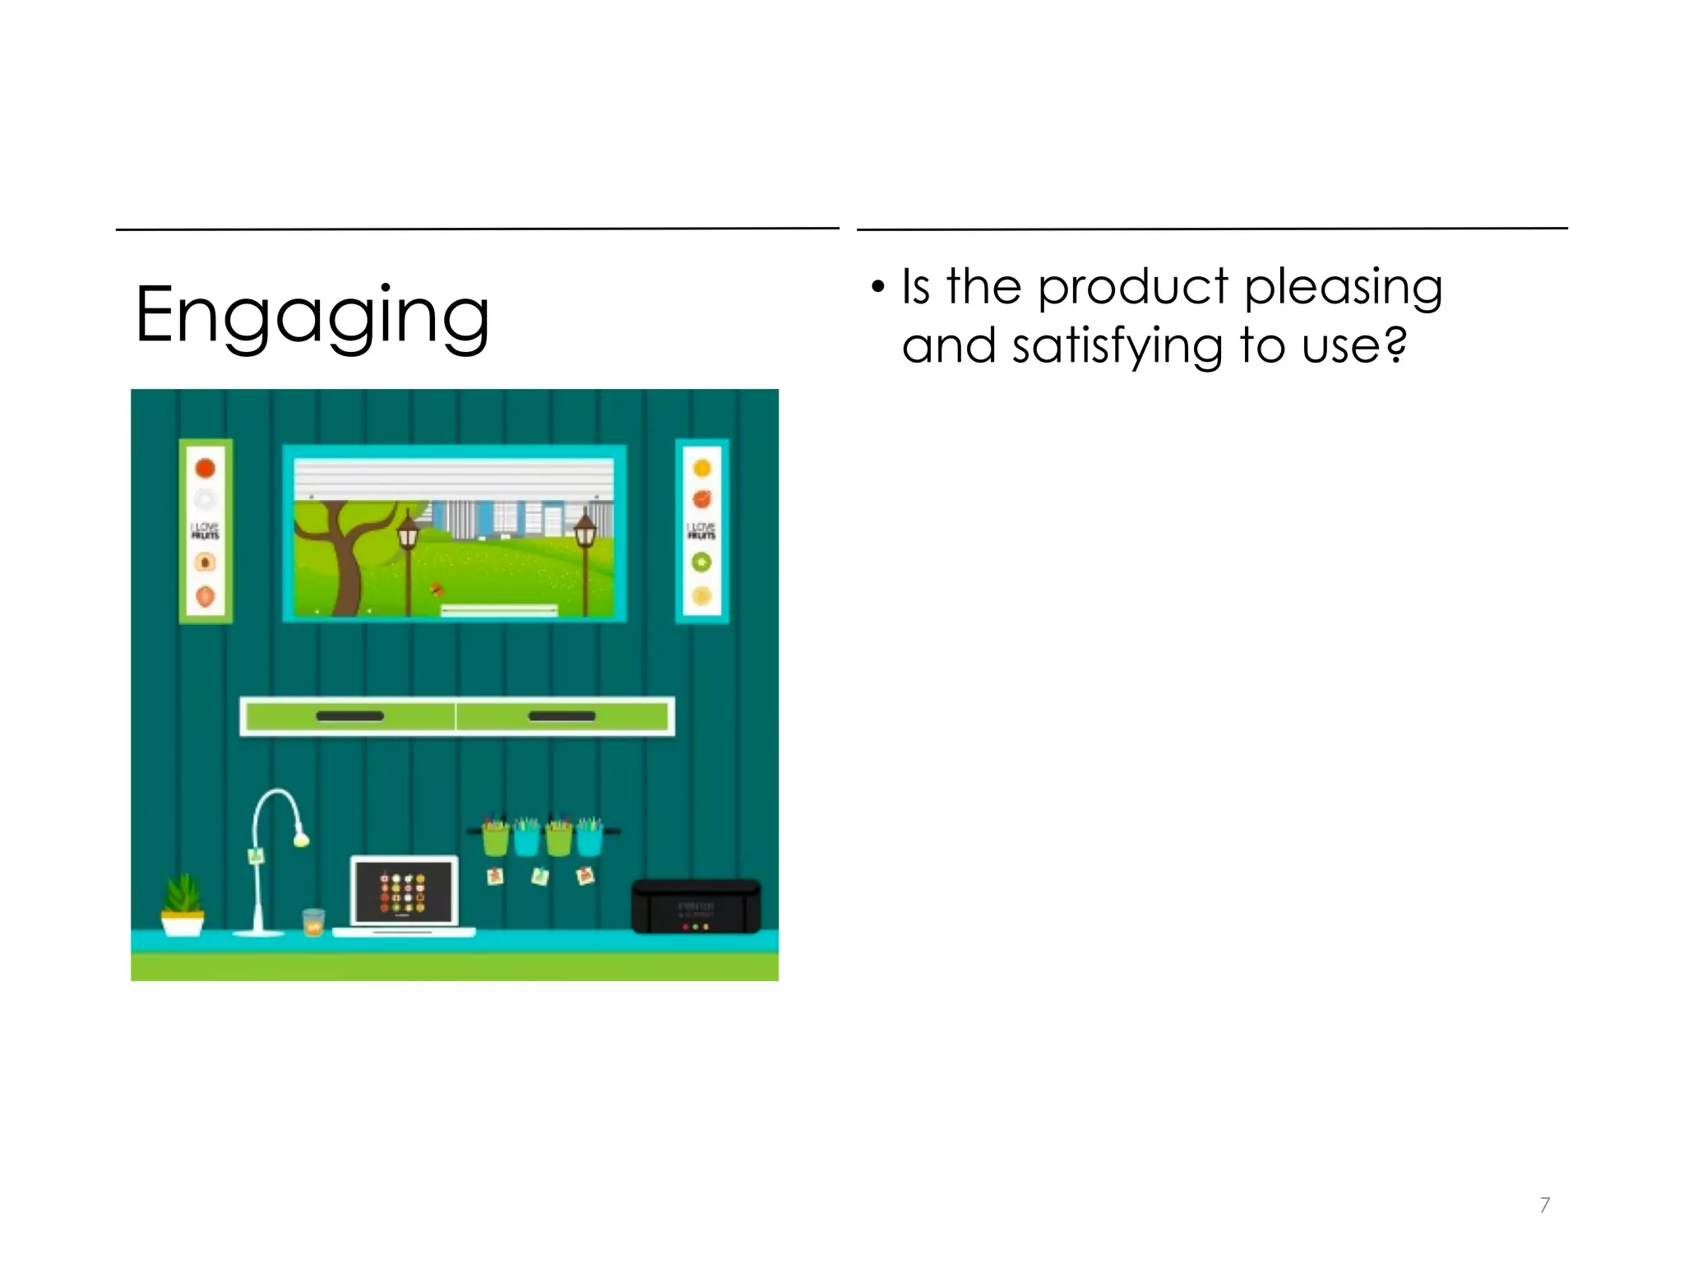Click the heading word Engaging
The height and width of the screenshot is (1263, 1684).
312,316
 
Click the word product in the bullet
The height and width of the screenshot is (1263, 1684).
1132,288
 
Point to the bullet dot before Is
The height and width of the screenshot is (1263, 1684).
878,288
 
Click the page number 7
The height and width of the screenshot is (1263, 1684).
1544,1205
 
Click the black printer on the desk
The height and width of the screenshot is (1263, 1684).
696,907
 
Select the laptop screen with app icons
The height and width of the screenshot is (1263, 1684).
403,891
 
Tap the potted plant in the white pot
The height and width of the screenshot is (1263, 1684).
183,904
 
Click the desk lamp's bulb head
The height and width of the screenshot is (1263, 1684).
301,839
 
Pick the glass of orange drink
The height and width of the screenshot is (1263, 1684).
313,923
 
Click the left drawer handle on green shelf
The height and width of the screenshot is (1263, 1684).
349,716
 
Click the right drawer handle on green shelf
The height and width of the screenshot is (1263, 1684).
562,716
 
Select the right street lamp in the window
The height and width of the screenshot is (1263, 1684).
585,534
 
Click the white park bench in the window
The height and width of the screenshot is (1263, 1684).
499,610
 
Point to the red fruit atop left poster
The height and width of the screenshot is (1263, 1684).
205,468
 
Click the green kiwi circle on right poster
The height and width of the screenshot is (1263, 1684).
701,562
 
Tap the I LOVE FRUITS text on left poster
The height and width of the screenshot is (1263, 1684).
205,530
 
